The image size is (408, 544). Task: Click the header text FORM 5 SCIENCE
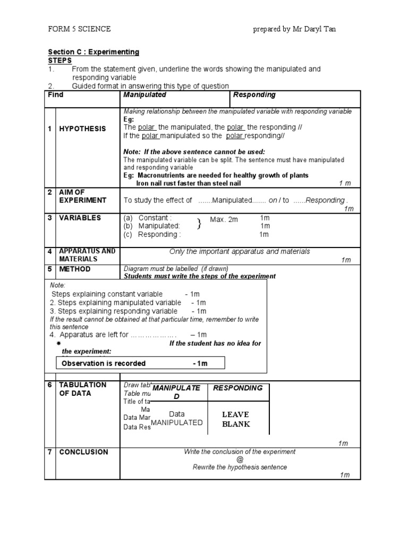pyautogui.click(x=79, y=29)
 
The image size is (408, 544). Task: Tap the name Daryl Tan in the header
pyautogui.click(x=318, y=29)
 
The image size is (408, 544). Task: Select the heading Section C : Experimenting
pyautogui.click(x=93, y=52)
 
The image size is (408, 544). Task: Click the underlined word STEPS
pyautogui.click(x=59, y=61)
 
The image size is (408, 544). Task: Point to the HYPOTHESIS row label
pyautogui.click(x=82, y=129)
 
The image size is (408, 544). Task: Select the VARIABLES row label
pyautogui.click(x=80, y=218)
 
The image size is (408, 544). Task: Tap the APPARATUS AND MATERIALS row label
pyautogui.click(x=87, y=255)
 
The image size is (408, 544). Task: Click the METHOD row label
pyautogui.click(x=75, y=269)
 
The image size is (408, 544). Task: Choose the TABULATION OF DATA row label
pyautogui.click(x=82, y=389)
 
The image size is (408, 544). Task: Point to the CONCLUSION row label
pyautogui.click(x=83, y=452)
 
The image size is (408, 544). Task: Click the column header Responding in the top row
pyautogui.click(x=254, y=95)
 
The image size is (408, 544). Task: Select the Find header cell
pyautogui.click(x=56, y=95)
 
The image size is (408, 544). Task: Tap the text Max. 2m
pyautogui.click(x=224, y=219)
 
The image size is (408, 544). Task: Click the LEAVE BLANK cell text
pyautogui.click(x=235, y=419)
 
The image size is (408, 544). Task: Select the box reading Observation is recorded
pyautogui.click(x=140, y=363)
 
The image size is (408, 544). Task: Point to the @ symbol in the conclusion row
pyautogui.click(x=240, y=460)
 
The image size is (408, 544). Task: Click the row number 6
pyautogui.click(x=49, y=385)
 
